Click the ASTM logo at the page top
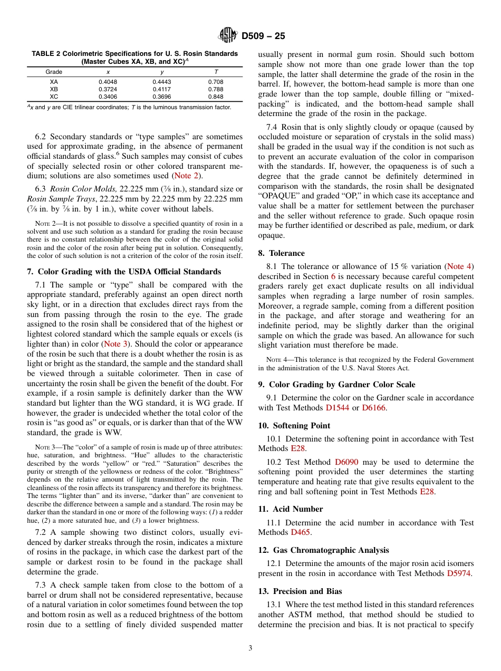click(228, 36)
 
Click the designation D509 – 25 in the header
click(263, 36)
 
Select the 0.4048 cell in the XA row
click(108, 82)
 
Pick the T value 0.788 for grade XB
click(216, 90)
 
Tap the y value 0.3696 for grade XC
click(162, 97)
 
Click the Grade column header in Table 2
click(54, 72)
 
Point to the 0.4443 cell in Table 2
click(162, 82)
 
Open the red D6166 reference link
click(374, 408)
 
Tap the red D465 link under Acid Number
click(301, 532)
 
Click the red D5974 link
click(459, 573)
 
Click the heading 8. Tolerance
click(281, 253)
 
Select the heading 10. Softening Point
click(294, 426)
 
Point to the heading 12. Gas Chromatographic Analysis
click(323, 550)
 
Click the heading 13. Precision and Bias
click(300, 591)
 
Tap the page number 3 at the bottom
click(250, 648)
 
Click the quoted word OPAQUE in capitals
click(281, 196)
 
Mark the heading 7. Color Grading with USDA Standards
click(124, 272)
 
